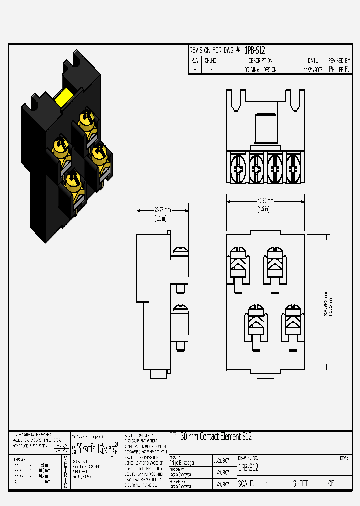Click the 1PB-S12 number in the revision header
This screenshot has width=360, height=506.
pyautogui.click(x=254, y=50)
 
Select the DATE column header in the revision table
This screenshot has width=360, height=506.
pyautogui.click(x=313, y=60)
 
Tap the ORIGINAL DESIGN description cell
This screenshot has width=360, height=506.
pyautogui.click(x=260, y=70)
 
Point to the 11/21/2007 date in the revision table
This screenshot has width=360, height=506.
pyautogui.click(x=313, y=70)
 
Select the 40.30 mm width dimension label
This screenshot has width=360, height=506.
pyautogui.click(x=263, y=201)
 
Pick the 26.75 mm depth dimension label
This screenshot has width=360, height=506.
pyautogui.click(x=160, y=210)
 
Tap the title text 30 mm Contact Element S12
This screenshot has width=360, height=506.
pyautogui.click(x=216, y=437)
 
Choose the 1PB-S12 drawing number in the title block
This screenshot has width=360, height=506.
pyautogui.click(x=248, y=468)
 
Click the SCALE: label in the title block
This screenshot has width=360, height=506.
pyautogui.click(x=246, y=484)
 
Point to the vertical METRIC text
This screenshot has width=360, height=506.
pyautogui.click(x=65, y=472)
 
